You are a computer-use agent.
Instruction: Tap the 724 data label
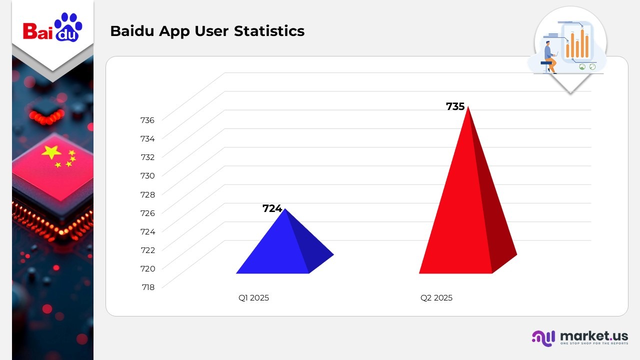(272, 208)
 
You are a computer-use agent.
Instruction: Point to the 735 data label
(455, 106)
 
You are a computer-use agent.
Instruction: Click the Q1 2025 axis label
(253, 298)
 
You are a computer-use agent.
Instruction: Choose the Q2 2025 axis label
(436, 298)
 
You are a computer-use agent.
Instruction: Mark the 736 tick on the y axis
(147, 120)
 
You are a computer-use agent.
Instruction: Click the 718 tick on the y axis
(147, 287)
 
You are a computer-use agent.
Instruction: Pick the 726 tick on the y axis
(147, 213)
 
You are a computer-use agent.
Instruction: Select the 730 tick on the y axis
(147, 175)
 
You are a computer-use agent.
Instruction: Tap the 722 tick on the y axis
(147, 250)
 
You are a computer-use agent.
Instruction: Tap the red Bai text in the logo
(37, 31)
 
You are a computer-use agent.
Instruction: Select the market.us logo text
(593, 335)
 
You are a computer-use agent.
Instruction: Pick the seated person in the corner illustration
(549, 56)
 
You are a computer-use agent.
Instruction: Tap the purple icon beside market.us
(543, 337)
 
